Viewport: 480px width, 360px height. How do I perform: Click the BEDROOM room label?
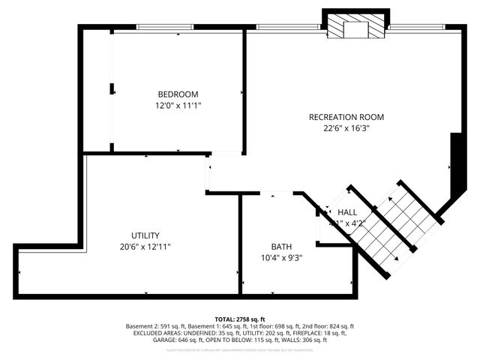178,94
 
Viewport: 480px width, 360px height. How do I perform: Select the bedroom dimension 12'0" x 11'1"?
178,106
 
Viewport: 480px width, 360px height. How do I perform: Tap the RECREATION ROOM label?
346,117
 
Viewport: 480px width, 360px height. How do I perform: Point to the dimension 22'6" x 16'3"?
346,128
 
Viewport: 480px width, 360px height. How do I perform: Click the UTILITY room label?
145,235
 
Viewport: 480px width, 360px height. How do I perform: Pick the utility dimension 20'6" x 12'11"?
145,247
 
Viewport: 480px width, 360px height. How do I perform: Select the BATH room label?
281,247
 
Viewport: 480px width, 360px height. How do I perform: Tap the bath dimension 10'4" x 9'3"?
281,258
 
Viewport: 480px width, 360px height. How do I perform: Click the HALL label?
347,213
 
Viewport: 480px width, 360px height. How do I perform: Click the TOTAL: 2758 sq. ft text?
240,319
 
